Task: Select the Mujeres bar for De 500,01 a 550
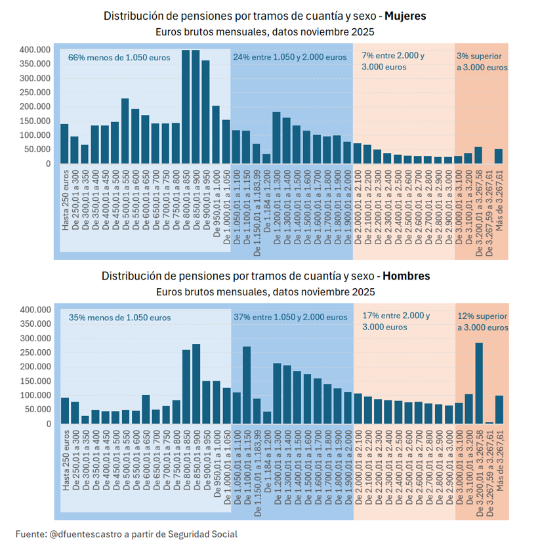[x=125, y=131]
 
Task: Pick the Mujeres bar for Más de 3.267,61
[x=499, y=156]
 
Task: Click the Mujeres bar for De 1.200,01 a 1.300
[x=276, y=138]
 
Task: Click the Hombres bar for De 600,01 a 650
[x=146, y=410]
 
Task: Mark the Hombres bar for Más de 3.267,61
[x=499, y=410]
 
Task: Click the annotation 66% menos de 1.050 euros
[x=119, y=58]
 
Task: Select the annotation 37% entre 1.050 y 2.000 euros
[x=291, y=318]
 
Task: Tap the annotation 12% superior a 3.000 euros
[x=482, y=322]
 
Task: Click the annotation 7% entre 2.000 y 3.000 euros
[x=392, y=61]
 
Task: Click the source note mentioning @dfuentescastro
[x=126, y=534]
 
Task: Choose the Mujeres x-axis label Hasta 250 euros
[x=66, y=200]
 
